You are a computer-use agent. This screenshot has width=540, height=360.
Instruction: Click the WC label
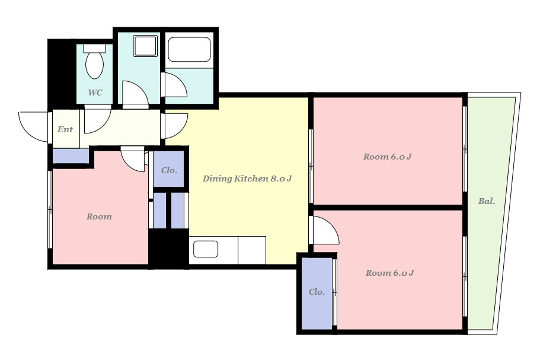pos(95,93)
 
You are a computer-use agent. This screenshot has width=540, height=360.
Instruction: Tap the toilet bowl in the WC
pos(94,65)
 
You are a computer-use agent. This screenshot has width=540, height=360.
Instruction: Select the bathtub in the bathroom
pos(189,49)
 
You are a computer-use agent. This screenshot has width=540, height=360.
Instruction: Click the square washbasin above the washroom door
pos(145,46)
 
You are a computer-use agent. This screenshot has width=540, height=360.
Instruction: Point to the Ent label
pos(65,129)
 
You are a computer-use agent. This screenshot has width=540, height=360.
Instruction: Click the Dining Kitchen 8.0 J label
pos(247,179)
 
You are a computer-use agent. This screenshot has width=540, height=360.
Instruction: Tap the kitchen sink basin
pos(206,249)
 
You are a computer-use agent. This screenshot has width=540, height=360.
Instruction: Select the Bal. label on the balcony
pos(487,201)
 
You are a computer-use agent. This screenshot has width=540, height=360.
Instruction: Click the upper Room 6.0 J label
pos(387,157)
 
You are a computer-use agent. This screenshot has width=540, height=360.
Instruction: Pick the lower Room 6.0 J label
pos(389,273)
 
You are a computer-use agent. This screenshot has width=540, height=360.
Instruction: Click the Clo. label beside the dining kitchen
pos(169,171)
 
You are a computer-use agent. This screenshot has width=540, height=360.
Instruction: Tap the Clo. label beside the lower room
pos(317,292)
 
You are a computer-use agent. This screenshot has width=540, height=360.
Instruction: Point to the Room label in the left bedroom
pos(99,216)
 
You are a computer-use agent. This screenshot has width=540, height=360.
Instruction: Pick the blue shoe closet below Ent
pos(71,156)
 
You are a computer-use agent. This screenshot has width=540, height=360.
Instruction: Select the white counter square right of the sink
pos(252,250)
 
